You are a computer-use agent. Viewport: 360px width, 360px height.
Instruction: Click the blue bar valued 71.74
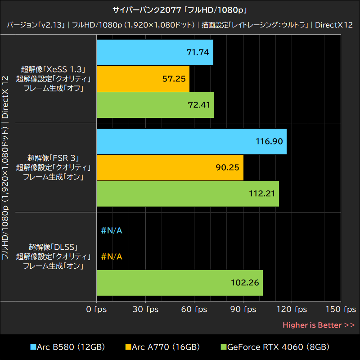coord(155,52)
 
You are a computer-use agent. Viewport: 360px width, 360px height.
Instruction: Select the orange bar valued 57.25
coord(143,78)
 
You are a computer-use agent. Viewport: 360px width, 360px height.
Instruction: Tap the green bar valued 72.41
coord(155,105)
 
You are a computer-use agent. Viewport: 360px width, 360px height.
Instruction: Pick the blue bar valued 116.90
coord(192,141)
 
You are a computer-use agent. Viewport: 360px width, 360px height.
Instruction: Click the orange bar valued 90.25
coord(170,167)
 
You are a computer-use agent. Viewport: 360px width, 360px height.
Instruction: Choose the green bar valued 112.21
coord(188,193)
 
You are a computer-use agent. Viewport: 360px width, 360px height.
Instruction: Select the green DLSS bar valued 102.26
coord(180,283)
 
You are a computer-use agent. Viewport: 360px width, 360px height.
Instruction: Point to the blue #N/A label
coord(112,231)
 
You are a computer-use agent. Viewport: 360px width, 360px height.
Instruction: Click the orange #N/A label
coord(112,257)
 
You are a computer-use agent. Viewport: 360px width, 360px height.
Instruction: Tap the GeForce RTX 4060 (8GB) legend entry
coord(274,347)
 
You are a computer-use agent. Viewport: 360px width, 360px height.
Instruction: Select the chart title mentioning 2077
coord(180,9)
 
